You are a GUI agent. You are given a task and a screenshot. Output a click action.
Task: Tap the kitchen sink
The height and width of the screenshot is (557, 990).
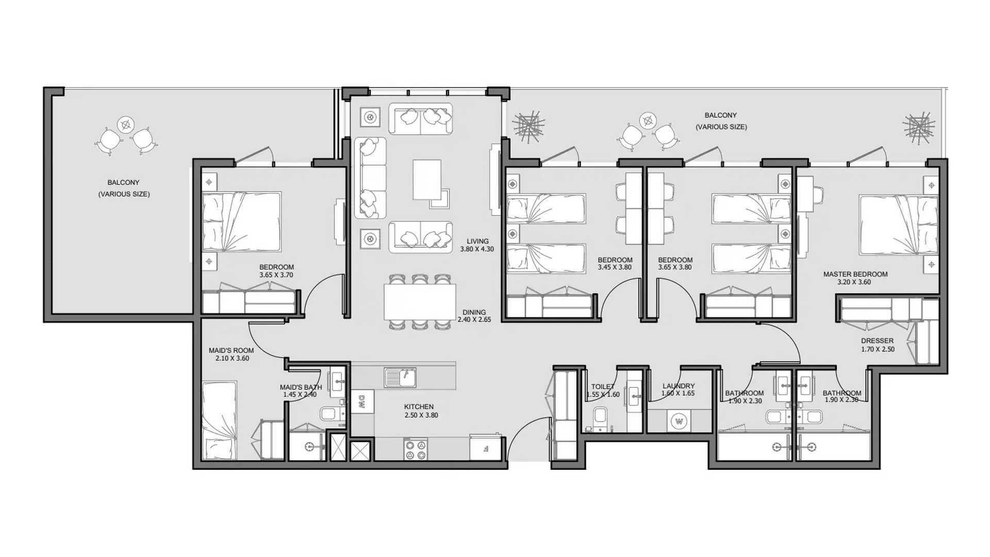click(x=400, y=377)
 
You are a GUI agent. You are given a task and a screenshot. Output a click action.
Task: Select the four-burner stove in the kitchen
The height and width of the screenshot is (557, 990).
click(x=416, y=449)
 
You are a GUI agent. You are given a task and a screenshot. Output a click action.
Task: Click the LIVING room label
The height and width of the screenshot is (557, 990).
click(x=477, y=241)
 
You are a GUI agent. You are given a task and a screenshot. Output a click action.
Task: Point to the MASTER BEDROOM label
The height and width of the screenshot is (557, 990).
click(x=855, y=274)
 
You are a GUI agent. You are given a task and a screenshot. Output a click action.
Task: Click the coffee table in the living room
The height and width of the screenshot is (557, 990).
click(x=427, y=179)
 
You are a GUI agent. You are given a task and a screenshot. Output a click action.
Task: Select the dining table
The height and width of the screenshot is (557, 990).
click(x=420, y=302)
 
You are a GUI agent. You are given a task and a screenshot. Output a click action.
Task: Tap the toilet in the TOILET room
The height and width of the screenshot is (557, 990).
click(x=600, y=418)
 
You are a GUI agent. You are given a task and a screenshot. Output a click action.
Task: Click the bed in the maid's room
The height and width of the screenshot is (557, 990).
click(x=219, y=420)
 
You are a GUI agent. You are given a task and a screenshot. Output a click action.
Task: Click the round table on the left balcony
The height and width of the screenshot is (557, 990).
click(x=125, y=125)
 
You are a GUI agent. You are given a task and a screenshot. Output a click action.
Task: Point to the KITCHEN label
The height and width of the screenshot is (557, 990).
click(x=419, y=407)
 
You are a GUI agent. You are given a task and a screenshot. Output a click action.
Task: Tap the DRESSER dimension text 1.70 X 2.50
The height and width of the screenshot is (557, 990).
click(x=878, y=349)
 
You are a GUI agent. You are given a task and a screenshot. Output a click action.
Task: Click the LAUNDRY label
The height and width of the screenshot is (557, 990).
click(x=678, y=386)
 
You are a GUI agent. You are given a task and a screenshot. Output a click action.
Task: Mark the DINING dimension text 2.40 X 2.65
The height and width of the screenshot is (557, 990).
click(x=474, y=320)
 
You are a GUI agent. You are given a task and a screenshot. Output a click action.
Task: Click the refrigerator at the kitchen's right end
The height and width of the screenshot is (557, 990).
click(x=486, y=448)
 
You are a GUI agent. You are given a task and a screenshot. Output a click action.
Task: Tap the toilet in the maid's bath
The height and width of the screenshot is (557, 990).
click(x=329, y=414)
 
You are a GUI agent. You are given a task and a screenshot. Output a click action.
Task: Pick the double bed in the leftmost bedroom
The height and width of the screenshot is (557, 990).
click(x=241, y=222)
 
